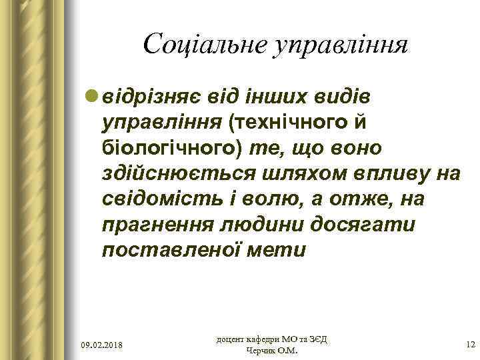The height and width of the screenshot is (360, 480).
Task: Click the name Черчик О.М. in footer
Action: (x=273, y=351)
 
